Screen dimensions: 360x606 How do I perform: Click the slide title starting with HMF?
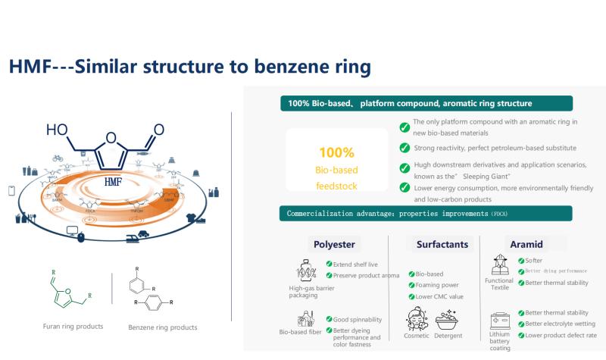pos(189,67)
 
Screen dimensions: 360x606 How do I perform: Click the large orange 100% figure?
pos(336,152)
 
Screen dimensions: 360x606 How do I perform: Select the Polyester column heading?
pos(334,244)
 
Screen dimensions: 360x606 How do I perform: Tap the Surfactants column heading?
pos(442,244)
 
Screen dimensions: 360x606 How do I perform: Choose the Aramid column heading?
pos(526,244)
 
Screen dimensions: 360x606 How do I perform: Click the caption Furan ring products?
pos(73,327)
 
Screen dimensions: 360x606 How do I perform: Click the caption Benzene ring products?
pos(163,327)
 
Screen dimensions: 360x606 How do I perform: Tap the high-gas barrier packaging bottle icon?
pos(306,270)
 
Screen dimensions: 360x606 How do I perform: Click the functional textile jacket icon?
pos(499,266)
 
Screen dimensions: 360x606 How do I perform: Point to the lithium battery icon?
pos(499,321)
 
